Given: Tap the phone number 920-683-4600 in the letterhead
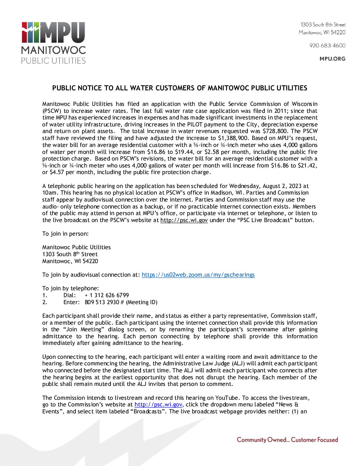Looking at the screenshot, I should tap(327, 45).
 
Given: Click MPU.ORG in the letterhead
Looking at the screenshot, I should tap(332, 59).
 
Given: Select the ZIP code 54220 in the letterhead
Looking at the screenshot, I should tap(338, 32).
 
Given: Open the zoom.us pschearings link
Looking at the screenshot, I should tap(198, 275).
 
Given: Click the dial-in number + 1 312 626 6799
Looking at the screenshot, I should tap(107, 295).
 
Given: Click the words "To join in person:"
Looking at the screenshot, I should tap(65, 234).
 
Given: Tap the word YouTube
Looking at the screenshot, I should tap(227, 398).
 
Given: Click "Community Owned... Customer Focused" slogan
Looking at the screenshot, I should tap(287, 440).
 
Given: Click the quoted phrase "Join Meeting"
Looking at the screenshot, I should tap(81, 329).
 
